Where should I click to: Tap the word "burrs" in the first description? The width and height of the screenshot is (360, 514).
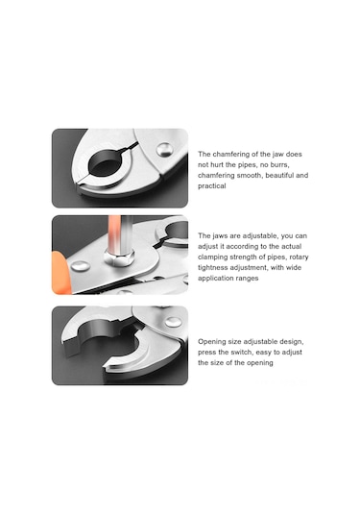click(279, 164)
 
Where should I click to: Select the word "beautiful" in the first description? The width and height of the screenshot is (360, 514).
click(279, 176)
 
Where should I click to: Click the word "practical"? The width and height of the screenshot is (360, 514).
click(211, 185)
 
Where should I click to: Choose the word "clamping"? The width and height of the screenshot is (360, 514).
click(212, 257)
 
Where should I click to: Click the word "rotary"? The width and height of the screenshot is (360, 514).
click(299, 257)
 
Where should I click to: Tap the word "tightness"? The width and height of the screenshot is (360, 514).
click(212, 267)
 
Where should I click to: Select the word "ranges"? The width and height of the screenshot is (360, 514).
click(248, 278)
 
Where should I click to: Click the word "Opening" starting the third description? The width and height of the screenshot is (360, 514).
click(211, 342)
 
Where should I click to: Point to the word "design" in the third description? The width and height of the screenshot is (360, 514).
click(292, 342)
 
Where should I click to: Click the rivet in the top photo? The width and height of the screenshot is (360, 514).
click(164, 150)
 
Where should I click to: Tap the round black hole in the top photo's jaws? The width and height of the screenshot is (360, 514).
click(106, 163)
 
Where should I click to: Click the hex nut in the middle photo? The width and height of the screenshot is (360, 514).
click(119, 257)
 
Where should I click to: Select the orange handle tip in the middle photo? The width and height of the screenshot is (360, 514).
click(60, 273)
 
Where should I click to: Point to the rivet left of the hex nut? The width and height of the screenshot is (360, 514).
click(81, 266)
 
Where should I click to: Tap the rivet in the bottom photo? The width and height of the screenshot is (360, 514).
click(174, 322)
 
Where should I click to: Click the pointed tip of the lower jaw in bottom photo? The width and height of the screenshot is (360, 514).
click(105, 368)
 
